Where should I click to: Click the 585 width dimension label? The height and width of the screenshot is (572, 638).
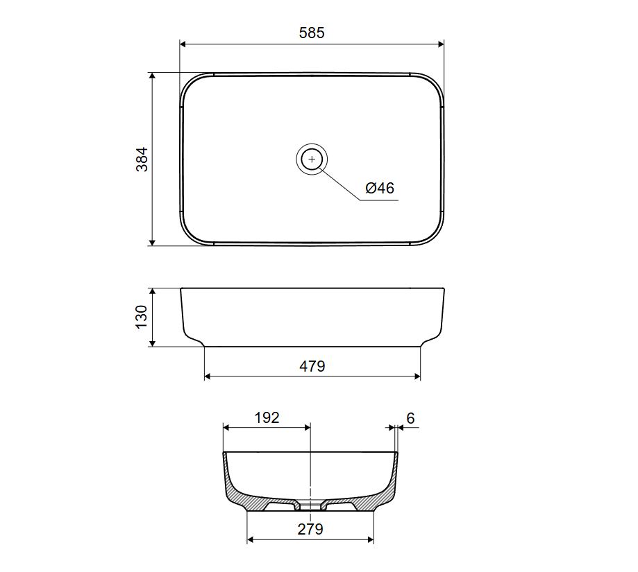click(312, 33)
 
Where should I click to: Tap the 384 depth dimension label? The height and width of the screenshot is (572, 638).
click(142, 159)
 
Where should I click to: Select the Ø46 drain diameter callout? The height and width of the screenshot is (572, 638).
click(380, 188)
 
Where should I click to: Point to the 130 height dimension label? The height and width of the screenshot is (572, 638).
click(141, 317)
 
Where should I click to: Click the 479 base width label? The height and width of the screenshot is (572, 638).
click(312, 367)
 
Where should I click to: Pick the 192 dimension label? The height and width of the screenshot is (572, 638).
click(267, 417)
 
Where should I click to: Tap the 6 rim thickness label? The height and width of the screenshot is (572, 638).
click(410, 418)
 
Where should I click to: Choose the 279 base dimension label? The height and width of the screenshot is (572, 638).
click(310, 529)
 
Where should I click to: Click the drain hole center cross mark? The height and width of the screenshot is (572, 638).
click(312, 159)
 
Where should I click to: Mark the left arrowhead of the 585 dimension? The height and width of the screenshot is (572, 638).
click(183, 44)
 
